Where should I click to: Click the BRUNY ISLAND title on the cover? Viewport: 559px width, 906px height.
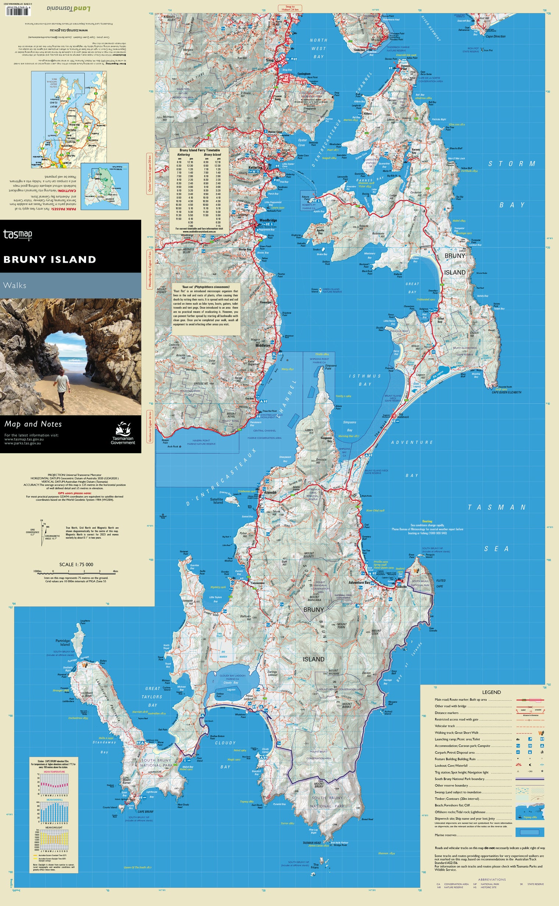click(x=50, y=259)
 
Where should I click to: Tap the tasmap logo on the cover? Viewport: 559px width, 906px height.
click(x=17, y=234)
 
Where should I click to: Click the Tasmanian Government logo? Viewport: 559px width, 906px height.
click(x=123, y=433)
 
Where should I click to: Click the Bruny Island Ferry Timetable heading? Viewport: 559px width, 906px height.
click(x=200, y=150)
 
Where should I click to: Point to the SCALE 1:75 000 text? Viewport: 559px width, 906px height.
click(x=76, y=564)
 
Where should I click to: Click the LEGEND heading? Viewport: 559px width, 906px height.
click(x=491, y=692)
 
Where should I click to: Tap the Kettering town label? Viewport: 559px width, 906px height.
click(x=255, y=167)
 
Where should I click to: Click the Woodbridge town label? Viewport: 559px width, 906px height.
click(x=268, y=220)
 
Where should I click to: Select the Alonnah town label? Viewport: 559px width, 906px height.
click(x=270, y=492)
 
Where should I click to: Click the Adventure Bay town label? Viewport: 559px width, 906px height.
click(x=359, y=582)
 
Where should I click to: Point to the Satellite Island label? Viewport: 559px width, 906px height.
click(x=217, y=501)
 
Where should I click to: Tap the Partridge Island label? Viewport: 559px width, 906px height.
click(x=63, y=642)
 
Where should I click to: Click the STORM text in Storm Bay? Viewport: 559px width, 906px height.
click(x=512, y=163)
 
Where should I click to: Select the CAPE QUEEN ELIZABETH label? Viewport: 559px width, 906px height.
click(x=506, y=392)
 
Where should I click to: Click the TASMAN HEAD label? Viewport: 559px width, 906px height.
click(x=311, y=843)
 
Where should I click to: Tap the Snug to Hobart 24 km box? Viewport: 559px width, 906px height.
click(x=290, y=8)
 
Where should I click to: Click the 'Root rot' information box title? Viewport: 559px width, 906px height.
click(x=206, y=287)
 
